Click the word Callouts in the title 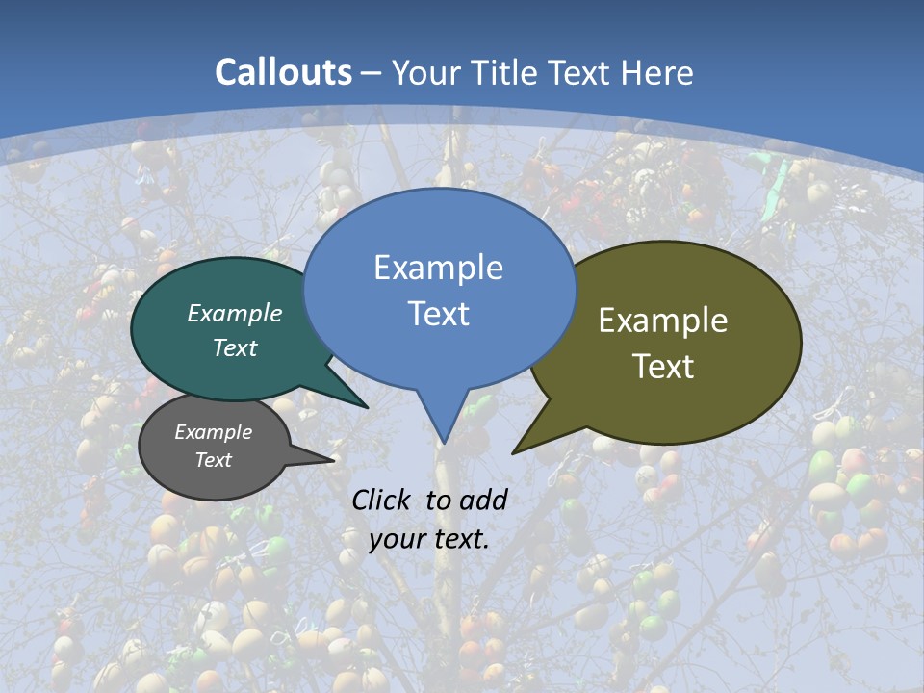tap(283, 72)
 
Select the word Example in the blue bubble tap(438, 268)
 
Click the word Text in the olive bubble tap(663, 367)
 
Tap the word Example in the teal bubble tap(235, 313)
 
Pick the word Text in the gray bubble tap(214, 460)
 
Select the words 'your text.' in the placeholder tap(429, 539)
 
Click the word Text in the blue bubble tap(439, 314)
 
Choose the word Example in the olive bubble tap(663, 321)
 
